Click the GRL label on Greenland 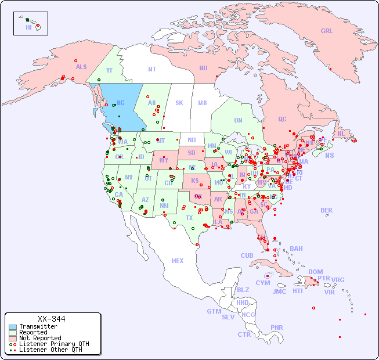[327, 31]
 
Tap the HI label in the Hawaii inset [28, 27]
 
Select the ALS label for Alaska [81, 67]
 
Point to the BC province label [121, 103]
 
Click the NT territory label [151, 69]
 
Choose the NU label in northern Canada [203, 68]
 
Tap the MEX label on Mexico [178, 261]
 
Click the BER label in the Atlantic [327, 210]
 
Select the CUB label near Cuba [247, 255]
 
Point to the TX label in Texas [189, 218]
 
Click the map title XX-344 [51, 319]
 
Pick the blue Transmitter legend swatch [13, 327]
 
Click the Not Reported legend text [39, 338]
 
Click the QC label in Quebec [282, 119]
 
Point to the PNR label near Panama [277, 327]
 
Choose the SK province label [179, 103]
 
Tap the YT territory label [109, 70]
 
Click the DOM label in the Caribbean [315, 272]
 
